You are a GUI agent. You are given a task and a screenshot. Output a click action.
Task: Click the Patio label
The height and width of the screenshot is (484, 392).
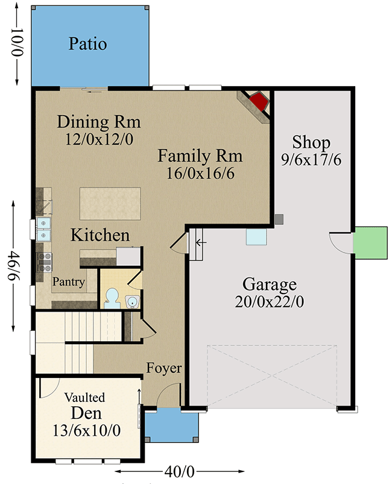(x=87, y=44)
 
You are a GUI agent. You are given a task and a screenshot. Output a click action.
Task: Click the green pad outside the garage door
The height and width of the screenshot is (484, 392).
(x=369, y=243)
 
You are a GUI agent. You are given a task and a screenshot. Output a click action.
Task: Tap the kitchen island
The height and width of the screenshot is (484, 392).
(x=110, y=203)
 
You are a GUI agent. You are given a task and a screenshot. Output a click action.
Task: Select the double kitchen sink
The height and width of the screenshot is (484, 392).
(x=43, y=230)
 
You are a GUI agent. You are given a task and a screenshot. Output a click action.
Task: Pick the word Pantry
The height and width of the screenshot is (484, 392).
(x=68, y=281)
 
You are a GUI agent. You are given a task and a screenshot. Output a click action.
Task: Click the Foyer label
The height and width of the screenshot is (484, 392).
(x=164, y=368)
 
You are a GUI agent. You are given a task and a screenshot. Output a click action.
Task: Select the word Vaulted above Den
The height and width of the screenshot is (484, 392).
(x=84, y=398)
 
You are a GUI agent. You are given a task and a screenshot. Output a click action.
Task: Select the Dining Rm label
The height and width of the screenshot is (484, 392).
(x=99, y=122)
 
